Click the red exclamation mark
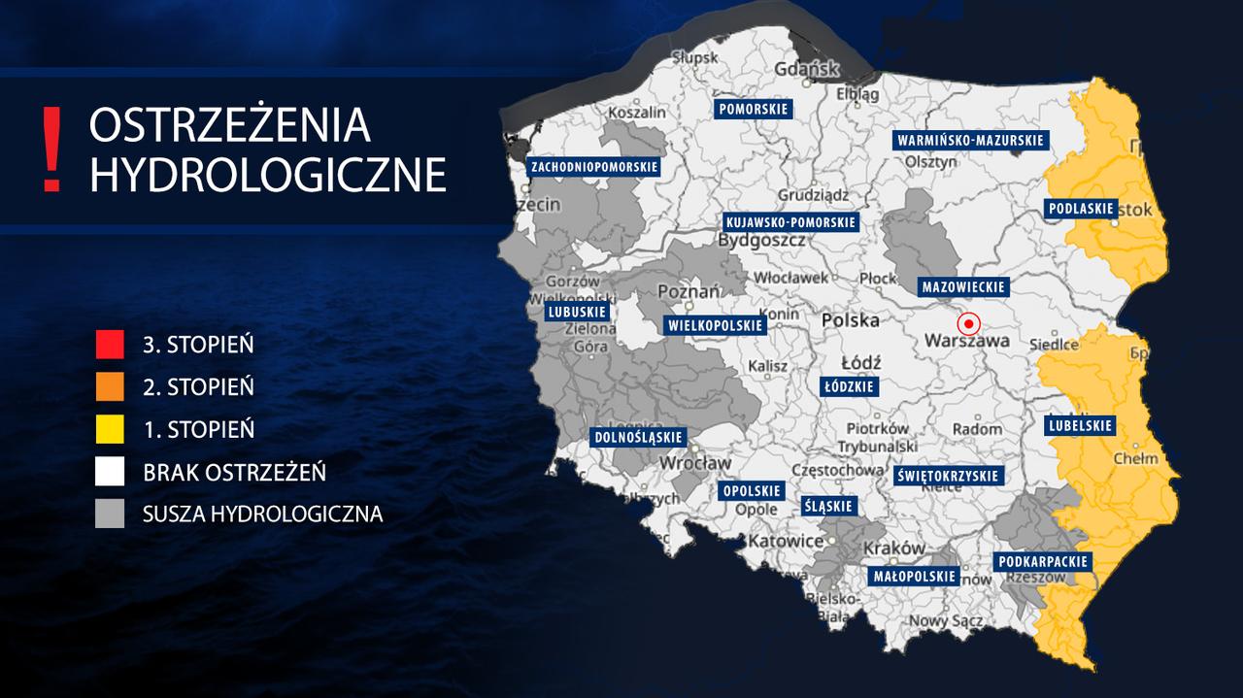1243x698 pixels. tap(52, 150)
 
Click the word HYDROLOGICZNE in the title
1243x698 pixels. tap(267, 175)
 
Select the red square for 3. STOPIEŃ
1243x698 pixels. tap(110, 345)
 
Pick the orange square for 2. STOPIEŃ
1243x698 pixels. tap(110, 386)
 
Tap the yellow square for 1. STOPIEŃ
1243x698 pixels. tap(110, 428)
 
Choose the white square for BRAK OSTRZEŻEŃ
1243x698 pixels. tap(110, 472)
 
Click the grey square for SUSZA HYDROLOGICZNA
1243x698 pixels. tap(110, 514)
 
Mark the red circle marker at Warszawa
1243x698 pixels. tap(968, 324)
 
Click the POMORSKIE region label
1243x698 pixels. tap(754, 109)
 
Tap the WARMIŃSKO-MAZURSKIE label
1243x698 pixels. tap(969, 140)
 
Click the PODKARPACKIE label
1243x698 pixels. tap(1042, 562)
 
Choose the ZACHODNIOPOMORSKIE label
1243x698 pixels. tap(593, 167)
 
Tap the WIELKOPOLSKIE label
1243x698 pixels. tap(714, 325)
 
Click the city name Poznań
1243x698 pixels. tap(689, 291)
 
